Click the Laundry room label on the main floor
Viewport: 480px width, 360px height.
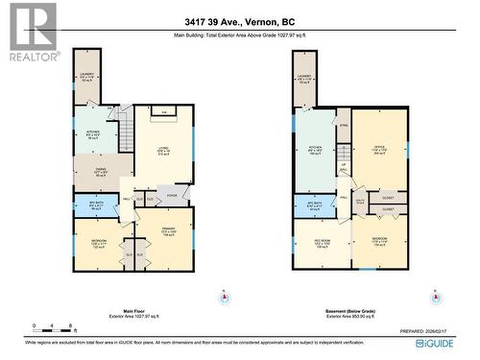pos(86,79)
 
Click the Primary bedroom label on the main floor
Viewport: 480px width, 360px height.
pos(167,230)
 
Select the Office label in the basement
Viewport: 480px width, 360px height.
pos(378,152)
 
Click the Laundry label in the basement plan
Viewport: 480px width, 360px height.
pos(306,79)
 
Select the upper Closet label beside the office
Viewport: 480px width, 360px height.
pos(389,197)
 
